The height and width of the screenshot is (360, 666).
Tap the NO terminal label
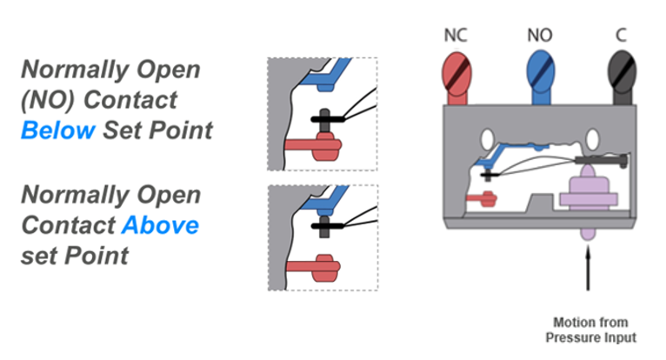(x=540, y=37)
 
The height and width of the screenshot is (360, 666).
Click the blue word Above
(x=159, y=225)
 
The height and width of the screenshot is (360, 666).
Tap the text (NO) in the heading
(x=45, y=100)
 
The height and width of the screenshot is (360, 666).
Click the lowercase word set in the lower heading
(x=38, y=256)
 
